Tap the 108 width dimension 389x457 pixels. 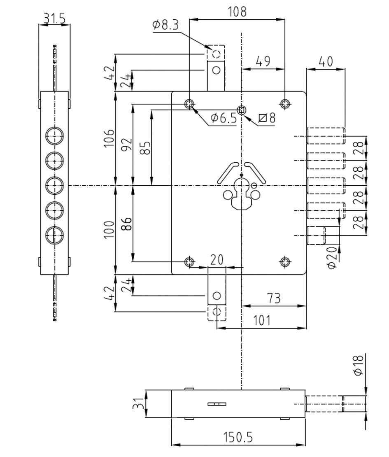click(x=237, y=12)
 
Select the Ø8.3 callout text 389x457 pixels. click(x=165, y=25)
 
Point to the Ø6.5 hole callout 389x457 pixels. click(x=224, y=118)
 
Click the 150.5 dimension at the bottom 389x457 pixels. click(x=238, y=437)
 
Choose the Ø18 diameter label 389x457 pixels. click(x=359, y=365)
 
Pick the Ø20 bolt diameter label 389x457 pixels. click(x=332, y=258)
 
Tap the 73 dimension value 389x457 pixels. click(x=274, y=298)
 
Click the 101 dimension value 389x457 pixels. click(x=262, y=320)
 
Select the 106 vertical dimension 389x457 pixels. click(x=109, y=138)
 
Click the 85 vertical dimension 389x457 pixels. click(x=146, y=148)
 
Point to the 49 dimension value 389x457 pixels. click(x=263, y=61)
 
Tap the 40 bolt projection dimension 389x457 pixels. click(x=326, y=61)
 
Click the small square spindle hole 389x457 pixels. click(x=241, y=110)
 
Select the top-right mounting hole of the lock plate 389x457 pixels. click(x=285, y=103)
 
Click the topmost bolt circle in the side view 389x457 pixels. click(x=54, y=136)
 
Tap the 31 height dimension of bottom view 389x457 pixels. click(x=138, y=403)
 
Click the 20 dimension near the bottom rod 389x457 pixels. click(x=217, y=260)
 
